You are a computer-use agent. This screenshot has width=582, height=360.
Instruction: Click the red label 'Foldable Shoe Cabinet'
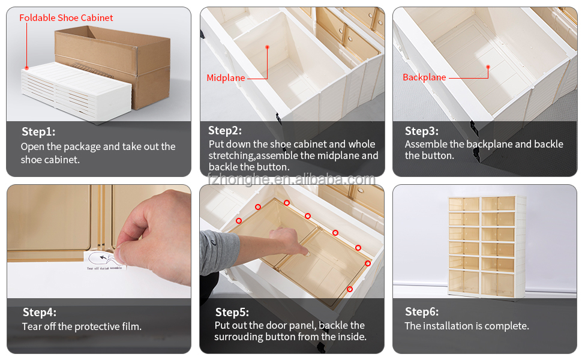point(66,18)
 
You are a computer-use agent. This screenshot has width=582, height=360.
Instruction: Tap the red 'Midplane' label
point(226,78)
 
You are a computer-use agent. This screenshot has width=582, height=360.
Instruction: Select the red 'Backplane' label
point(424,77)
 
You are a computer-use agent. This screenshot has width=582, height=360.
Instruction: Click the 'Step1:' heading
point(38,132)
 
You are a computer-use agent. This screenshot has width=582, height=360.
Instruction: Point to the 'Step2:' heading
point(225,131)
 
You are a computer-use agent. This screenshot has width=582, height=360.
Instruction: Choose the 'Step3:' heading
point(422,131)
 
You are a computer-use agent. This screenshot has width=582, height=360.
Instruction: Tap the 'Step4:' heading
point(40,312)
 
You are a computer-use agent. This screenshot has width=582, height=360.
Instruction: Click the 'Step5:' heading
point(232,312)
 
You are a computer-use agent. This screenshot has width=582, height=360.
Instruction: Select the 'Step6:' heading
point(422,312)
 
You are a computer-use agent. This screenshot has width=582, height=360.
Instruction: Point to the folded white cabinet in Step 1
point(76,91)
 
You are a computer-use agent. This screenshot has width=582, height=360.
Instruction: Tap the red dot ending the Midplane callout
point(267,47)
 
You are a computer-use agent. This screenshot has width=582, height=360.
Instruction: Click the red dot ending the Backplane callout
point(488,67)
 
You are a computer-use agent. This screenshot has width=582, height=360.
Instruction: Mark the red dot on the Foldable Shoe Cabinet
point(27,68)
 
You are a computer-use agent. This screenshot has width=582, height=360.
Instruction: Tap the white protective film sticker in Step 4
point(104,260)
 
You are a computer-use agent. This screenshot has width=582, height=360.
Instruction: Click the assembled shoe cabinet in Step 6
point(487,247)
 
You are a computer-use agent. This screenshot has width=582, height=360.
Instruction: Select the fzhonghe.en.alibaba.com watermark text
point(292,179)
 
